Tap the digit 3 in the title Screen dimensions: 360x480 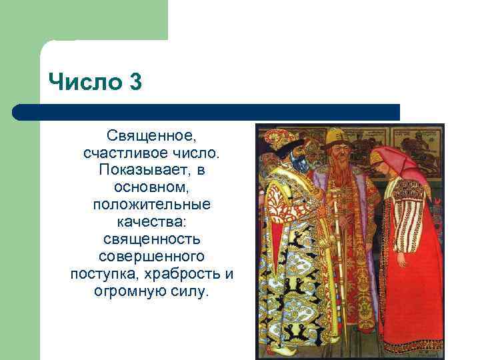(x=135, y=85)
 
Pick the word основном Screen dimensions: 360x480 (x=151, y=187)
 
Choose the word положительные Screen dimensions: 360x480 (x=152, y=205)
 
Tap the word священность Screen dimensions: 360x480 (x=152, y=239)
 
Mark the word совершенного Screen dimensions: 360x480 (x=152, y=256)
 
